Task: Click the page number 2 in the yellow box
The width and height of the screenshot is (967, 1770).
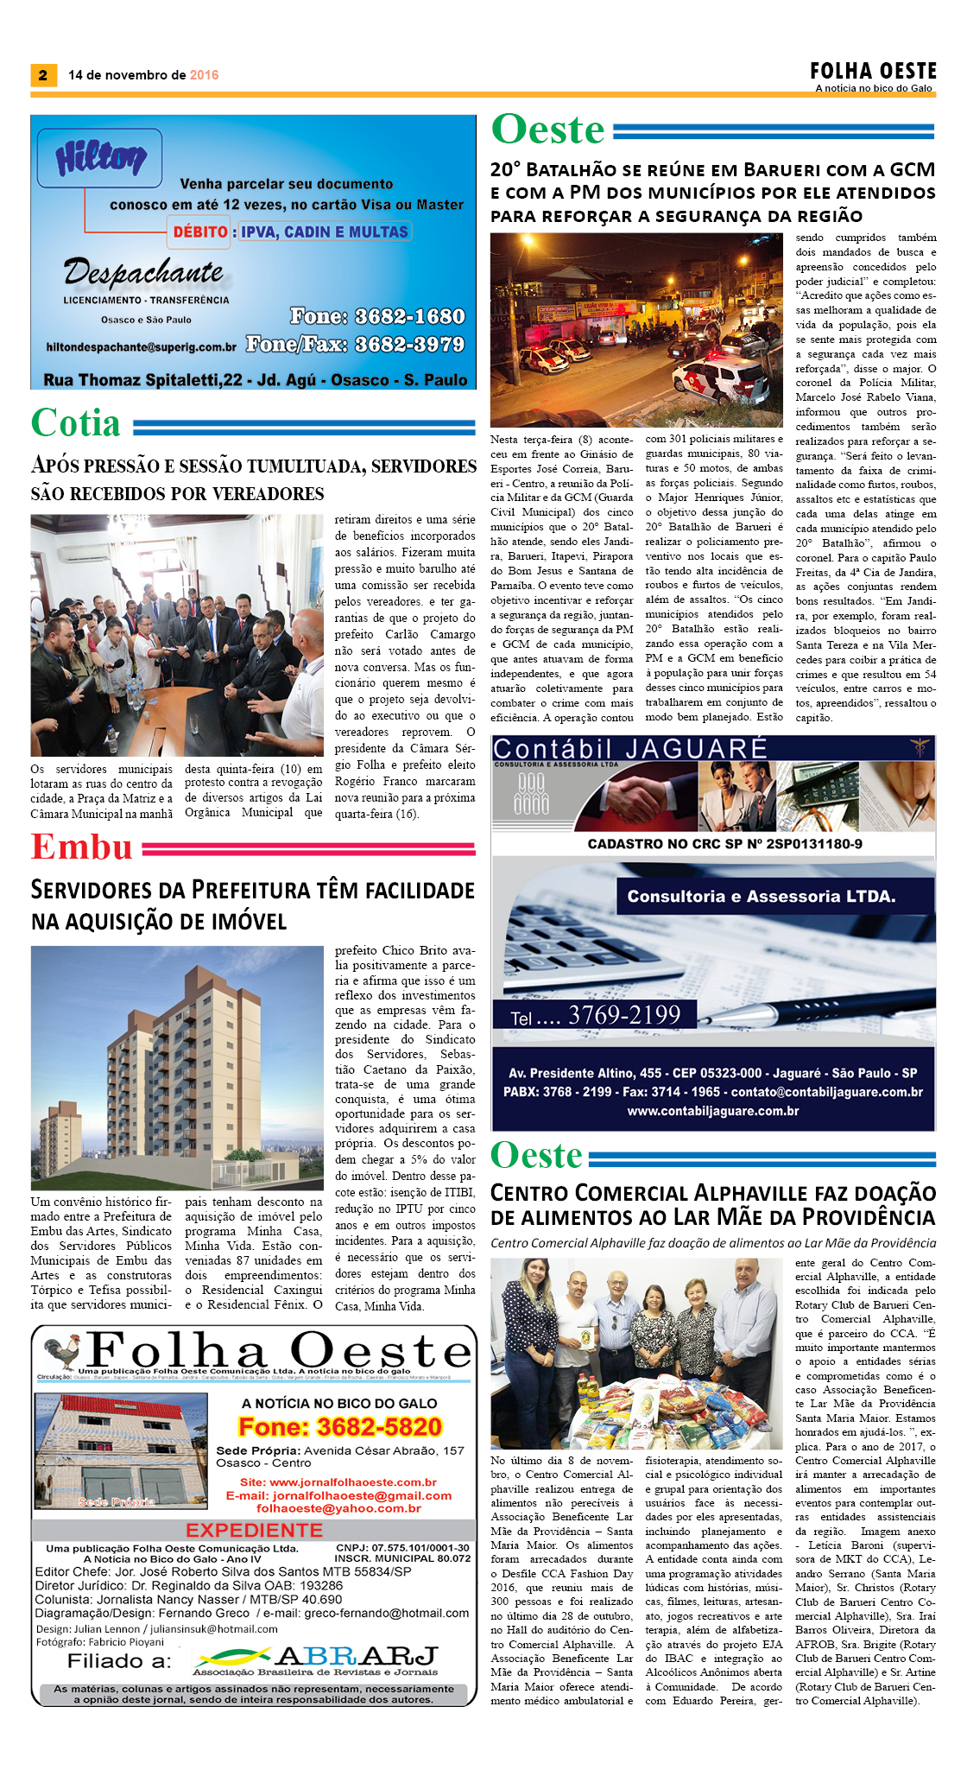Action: click(42, 75)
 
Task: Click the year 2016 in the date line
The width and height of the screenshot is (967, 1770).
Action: click(204, 75)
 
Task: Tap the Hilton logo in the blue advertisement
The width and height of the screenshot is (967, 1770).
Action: click(100, 158)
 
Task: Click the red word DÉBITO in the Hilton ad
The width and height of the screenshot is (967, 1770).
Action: click(199, 232)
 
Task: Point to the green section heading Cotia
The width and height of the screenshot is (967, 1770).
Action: click(76, 423)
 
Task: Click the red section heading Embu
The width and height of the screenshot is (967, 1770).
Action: click(82, 847)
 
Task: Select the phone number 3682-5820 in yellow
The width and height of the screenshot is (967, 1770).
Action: click(340, 1426)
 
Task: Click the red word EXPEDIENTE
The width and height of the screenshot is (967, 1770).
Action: click(254, 1530)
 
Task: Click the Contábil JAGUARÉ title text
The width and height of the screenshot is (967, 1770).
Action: click(629, 748)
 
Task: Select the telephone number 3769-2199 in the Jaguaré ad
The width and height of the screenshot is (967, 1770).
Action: click(624, 1015)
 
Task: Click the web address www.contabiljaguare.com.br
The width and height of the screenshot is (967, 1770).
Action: click(712, 1111)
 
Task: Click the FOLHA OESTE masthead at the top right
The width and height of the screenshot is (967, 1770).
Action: click(873, 71)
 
